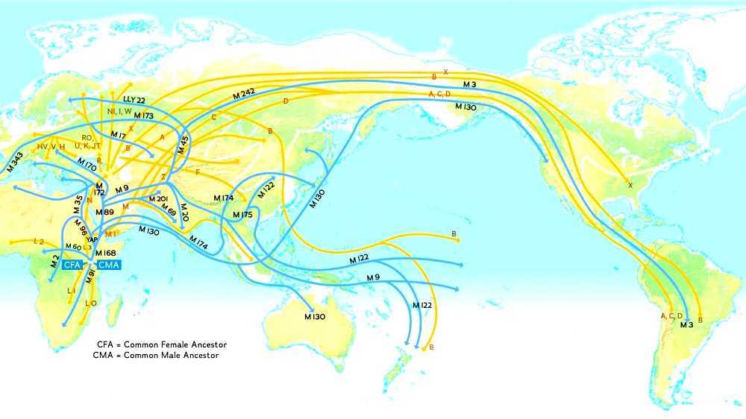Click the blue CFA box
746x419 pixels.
pos(72,265)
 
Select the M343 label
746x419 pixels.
pos(14,162)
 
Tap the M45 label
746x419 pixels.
pos(184,139)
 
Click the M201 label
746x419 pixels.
pos(158,198)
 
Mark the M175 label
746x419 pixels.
pos(242,215)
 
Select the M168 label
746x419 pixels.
pos(105,253)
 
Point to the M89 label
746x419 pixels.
pos(104,212)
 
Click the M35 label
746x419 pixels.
pos(77,204)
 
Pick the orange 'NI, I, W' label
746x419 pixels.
pos(119,111)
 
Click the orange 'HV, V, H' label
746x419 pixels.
pos(51,146)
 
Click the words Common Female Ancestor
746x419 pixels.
pos(178,344)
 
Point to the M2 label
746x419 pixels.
pos(54,261)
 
